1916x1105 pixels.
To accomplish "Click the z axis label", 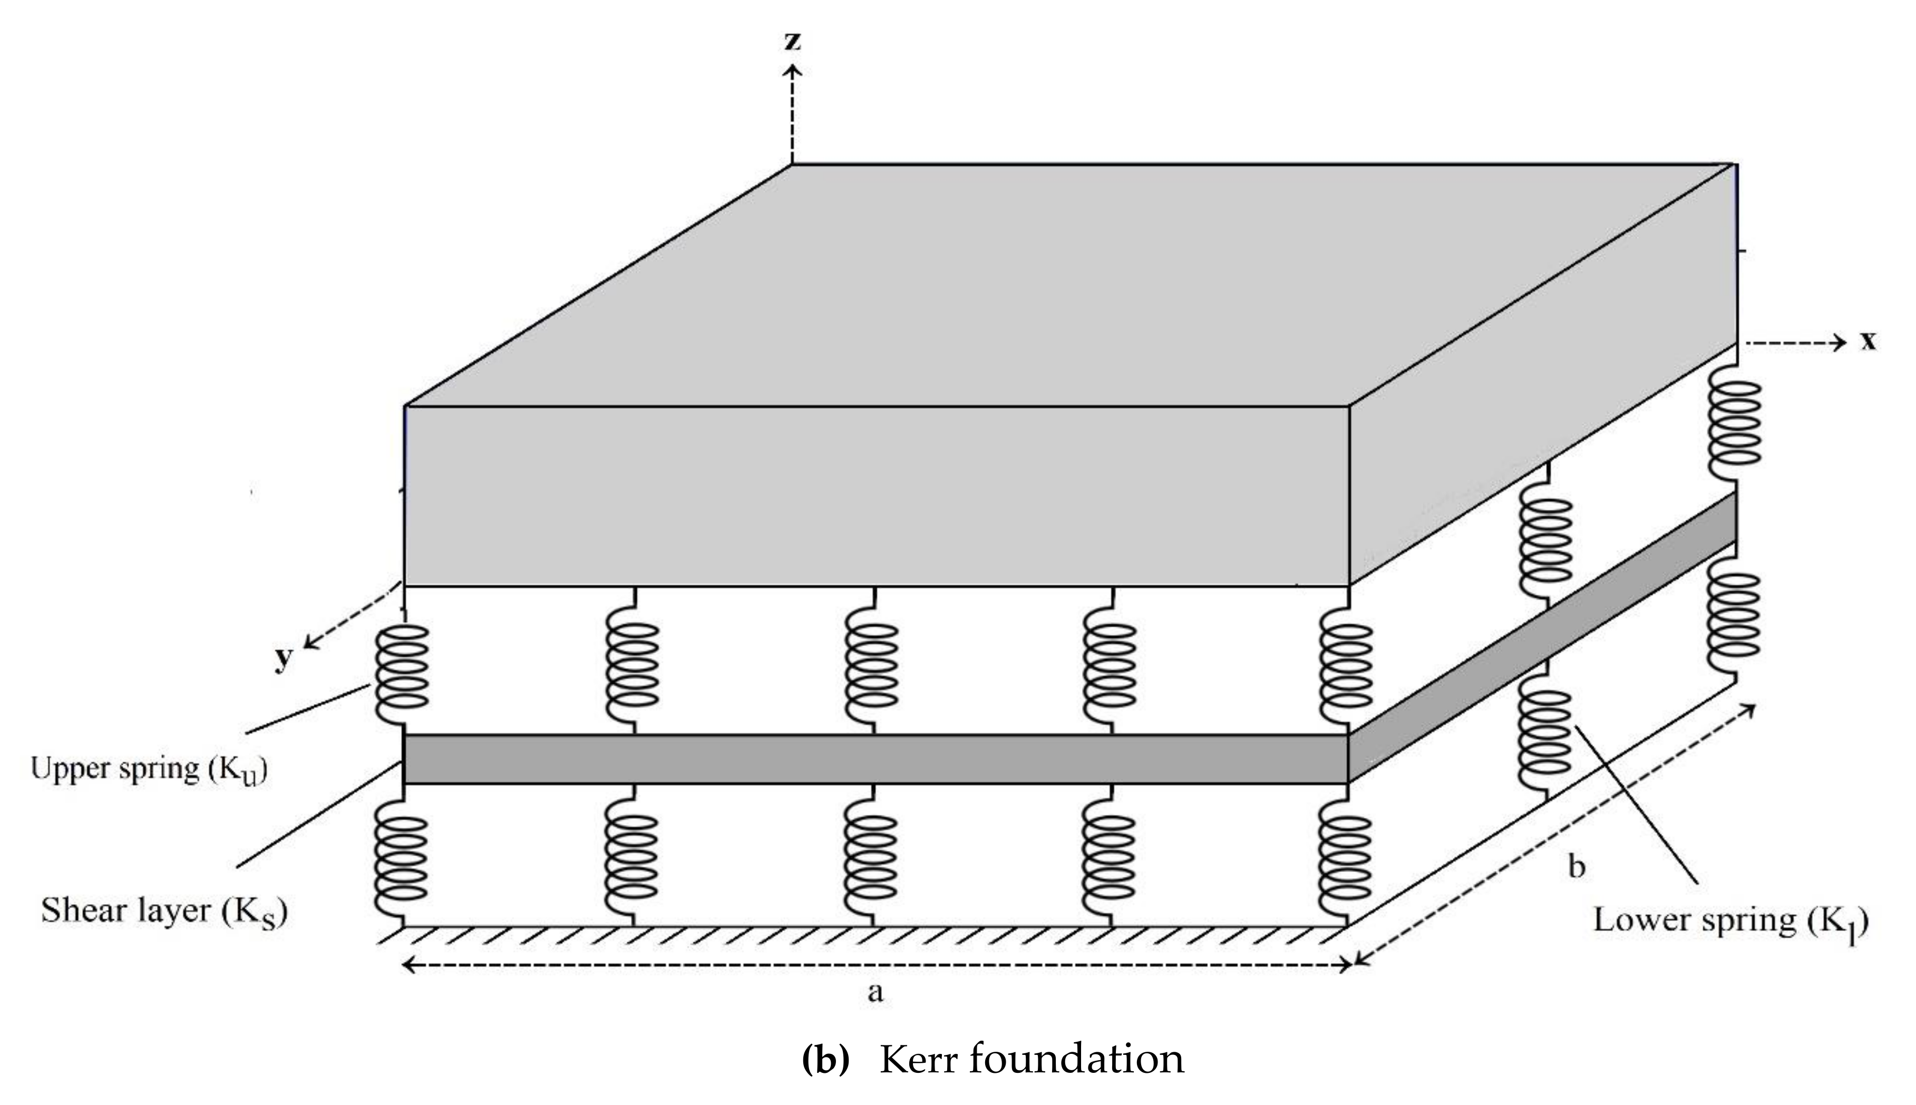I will pyautogui.click(x=792, y=42).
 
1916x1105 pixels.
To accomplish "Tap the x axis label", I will pyautogui.click(x=1868, y=342).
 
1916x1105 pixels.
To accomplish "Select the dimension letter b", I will pyautogui.click(x=1577, y=866).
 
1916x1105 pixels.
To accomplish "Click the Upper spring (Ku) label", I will pyautogui.click(x=149, y=769).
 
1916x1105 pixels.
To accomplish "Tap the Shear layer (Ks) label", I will pyautogui.click(x=164, y=910).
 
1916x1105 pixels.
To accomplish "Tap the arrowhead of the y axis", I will pyautogui.click(x=309, y=644).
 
